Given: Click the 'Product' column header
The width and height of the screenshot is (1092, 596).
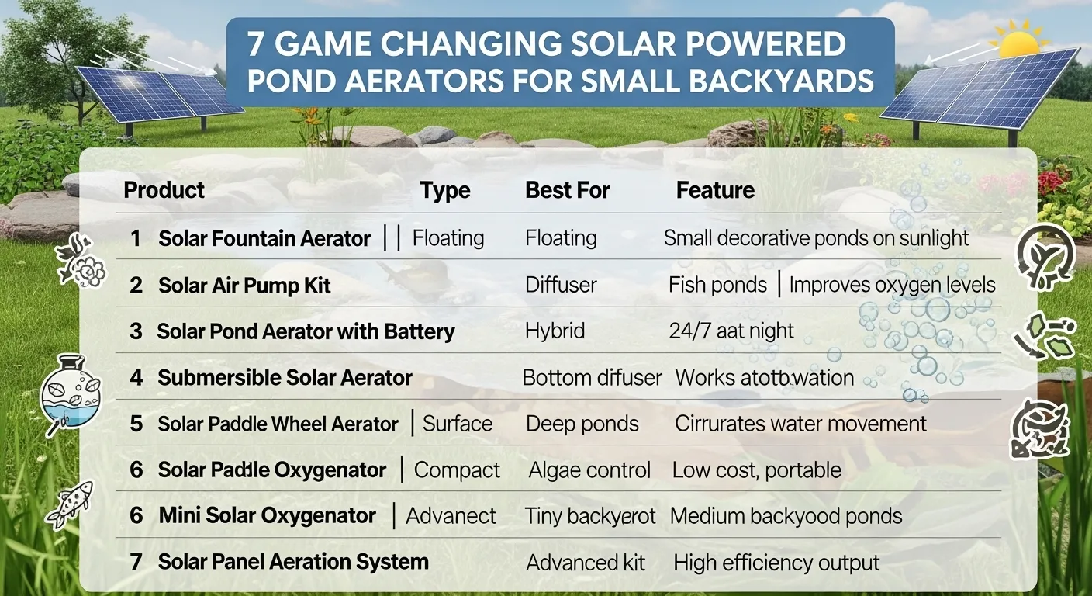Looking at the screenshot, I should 164,190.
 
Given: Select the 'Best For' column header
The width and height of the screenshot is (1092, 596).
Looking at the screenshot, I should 568,190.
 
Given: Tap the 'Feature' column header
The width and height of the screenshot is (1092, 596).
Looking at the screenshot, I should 715,190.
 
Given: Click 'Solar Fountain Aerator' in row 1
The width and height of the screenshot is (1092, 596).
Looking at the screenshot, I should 264,238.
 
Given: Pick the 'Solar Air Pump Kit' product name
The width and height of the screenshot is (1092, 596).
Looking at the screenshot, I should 244,286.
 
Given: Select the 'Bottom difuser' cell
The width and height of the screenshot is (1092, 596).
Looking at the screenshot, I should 592,378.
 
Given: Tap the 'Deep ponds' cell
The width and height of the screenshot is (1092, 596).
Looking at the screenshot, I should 582,424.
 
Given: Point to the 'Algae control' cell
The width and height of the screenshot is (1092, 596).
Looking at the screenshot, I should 589,470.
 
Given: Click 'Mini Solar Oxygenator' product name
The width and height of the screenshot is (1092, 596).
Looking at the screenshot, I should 268,515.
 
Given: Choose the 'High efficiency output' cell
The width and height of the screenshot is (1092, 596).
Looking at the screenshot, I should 776,563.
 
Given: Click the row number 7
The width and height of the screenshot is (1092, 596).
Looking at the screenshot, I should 136,563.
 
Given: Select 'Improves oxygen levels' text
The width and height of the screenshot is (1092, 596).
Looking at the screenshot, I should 892,285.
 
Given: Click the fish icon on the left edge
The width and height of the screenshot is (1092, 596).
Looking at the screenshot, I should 70,503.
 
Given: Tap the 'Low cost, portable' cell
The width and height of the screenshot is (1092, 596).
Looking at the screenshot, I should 756,470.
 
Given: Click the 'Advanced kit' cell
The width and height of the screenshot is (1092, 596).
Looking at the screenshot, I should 586,563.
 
